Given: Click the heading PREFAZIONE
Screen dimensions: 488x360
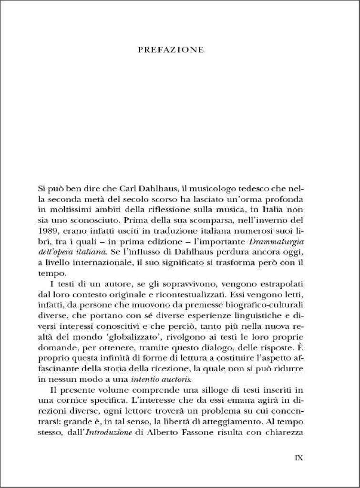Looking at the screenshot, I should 170,50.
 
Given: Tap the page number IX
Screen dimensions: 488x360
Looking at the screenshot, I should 298,457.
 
